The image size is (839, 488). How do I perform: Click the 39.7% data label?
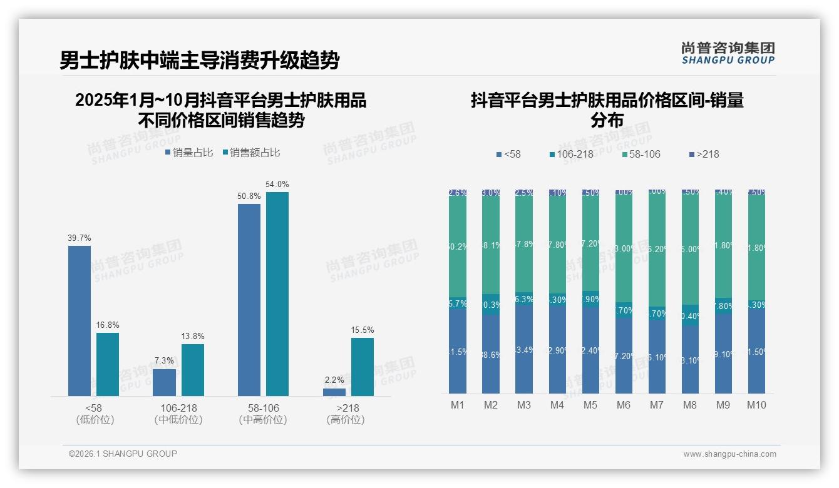point(80,238)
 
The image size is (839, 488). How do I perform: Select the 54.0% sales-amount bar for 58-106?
point(277,294)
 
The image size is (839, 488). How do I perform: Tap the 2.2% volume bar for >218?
point(334,392)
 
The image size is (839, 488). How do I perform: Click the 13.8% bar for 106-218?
point(193,370)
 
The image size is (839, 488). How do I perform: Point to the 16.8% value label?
point(108,325)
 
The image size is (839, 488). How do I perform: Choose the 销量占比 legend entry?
point(189,153)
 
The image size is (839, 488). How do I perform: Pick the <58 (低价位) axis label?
point(95,414)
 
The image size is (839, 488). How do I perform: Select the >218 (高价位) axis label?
point(345,414)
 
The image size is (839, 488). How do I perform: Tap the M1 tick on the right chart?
point(458,405)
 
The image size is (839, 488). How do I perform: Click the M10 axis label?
point(756,405)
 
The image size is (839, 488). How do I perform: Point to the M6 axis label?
point(624,405)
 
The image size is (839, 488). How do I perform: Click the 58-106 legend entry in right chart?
point(641,155)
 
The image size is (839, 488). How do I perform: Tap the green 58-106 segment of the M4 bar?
point(557,244)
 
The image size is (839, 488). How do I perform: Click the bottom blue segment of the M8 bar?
point(690,360)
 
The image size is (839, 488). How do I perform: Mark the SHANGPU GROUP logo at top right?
point(728,53)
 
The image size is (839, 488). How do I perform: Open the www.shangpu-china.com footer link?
point(729,454)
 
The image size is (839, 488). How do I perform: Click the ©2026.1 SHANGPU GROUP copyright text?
point(123,454)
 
